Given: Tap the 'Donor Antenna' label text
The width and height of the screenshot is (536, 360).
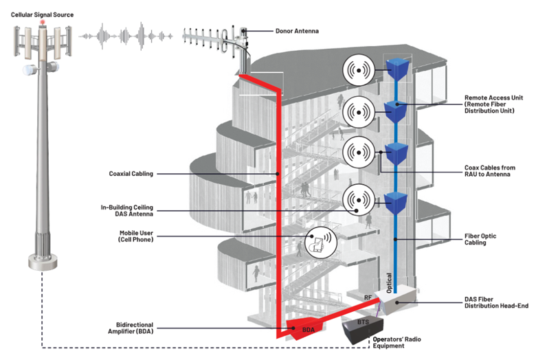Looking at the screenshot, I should [298, 31].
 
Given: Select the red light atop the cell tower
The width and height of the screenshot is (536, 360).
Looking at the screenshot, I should [43, 23].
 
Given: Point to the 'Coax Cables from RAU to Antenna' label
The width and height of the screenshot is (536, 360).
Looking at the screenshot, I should [493, 171].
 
